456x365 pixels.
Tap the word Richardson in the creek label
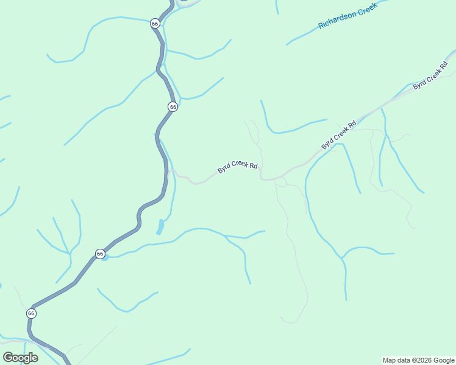tap(337, 21)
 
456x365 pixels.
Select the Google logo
tap(20, 357)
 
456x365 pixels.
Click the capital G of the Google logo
tap(8, 357)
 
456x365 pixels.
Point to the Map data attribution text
tap(418, 360)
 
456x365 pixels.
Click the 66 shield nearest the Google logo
tap(31, 313)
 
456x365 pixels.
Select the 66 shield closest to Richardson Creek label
tap(155, 24)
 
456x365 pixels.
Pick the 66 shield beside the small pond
tap(100, 253)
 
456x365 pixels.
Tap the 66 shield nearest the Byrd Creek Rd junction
tap(173, 106)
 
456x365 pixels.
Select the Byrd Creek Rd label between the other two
tap(338, 135)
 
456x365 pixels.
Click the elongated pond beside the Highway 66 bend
tap(160, 227)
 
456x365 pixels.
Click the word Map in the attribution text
tap(390, 360)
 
